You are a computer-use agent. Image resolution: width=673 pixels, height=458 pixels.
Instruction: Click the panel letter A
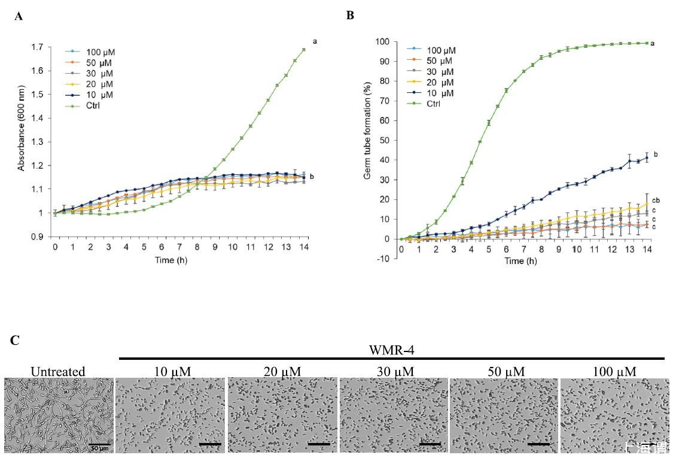[x=19, y=17]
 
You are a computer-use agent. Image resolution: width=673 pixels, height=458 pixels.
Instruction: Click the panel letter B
[x=350, y=16]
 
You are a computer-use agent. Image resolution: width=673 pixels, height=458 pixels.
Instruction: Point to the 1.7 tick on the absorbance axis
[x=39, y=47]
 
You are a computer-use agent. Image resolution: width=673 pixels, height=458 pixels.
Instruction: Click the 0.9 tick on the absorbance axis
[x=39, y=236]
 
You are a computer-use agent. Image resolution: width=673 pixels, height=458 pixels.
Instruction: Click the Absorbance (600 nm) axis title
[x=21, y=141]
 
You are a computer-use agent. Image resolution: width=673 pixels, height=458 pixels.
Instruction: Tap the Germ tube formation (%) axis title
[x=368, y=150]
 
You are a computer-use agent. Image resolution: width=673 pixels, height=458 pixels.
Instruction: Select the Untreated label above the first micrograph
[x=58, y=372]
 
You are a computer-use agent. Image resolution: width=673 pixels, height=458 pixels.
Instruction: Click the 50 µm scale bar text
[x=99, y=447]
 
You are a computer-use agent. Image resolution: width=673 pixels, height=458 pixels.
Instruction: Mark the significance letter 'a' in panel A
[x=314, y=41]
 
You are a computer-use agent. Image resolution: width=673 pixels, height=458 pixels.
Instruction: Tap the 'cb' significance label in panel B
[x=656, y=201]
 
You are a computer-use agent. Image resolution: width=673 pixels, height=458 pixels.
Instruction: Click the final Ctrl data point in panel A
[x=303, y=50]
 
